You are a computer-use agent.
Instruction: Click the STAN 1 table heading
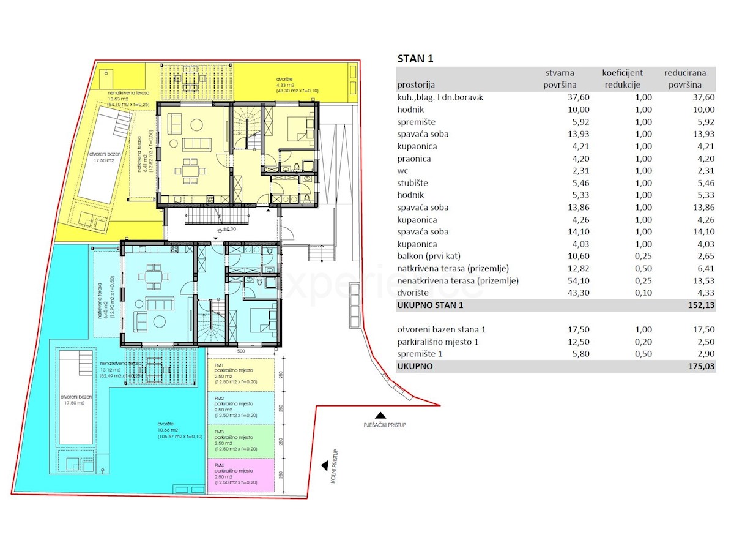click(415, 59)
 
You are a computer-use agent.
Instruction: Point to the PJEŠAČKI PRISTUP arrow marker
click(380, 414)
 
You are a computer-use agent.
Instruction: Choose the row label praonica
click(414, 159)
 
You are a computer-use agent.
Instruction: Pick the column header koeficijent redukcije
click(622, 79)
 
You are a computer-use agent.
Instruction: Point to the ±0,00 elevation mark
click(228, 229)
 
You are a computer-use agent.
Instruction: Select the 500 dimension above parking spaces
click(242, 351)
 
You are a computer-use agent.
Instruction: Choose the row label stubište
click(413, 183)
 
